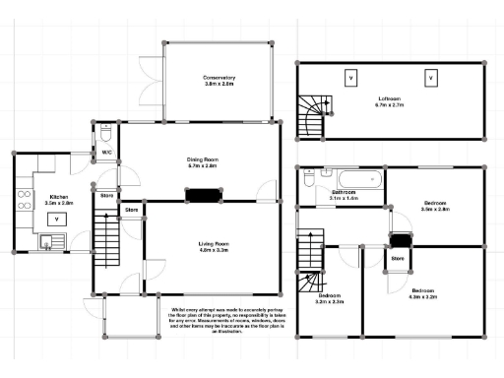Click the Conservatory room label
[x=219, y=81]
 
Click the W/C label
[x=106, y=152]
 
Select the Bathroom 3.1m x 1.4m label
[x=344, y=196]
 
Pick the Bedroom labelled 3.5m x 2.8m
[x=434, y=208]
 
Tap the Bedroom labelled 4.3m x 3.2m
[x=424, y=294]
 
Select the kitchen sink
[x=49, y=239]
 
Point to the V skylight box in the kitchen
[x=58, y=220]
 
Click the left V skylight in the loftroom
[x=350, y=78]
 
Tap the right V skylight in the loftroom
[x=430, y=78]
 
